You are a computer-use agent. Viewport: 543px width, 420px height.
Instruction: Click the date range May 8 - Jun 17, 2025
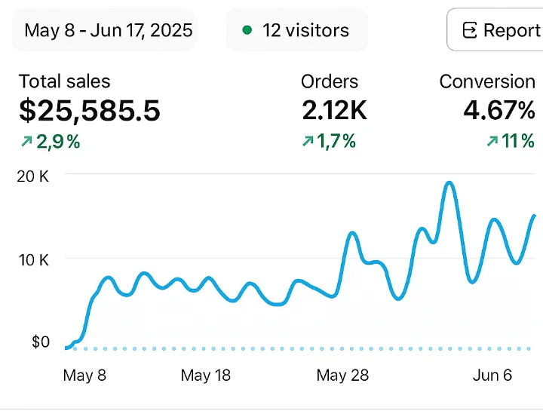coord(109,30)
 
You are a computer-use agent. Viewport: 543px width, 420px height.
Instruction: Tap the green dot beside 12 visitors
coord(247,30)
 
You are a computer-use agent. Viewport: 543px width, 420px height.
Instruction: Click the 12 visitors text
coord(305,30)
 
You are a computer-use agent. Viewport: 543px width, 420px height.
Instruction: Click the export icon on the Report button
coord(470,30)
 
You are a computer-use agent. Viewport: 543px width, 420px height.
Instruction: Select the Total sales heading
coord(64,81)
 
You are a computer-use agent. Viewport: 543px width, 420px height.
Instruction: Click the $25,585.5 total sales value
coord(90,110)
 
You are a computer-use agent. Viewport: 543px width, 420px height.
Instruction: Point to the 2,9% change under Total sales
coord(51,142)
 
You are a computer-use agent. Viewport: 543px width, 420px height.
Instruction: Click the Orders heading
coord(330,81)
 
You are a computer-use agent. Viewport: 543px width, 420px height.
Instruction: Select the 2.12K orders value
coord(334,110)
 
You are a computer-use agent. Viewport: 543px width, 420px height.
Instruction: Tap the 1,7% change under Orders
coord(329,141)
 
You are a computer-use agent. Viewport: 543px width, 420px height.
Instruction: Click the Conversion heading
coord(487,81)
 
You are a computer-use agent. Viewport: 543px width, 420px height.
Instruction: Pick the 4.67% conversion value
coord(499,110)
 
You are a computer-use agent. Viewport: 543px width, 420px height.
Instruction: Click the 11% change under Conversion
coord(511,141)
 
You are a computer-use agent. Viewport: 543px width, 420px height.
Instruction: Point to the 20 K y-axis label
coord(33,176)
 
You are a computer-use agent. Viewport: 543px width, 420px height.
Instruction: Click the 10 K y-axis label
coord(34,260)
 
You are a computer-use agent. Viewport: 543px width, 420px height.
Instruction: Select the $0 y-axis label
coord(41,342)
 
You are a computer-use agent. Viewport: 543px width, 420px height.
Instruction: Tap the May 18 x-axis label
coord(206,376)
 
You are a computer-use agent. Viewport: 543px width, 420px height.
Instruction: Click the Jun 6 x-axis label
coord(492,376)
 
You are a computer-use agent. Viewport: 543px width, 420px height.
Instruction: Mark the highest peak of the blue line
coord(449,182)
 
